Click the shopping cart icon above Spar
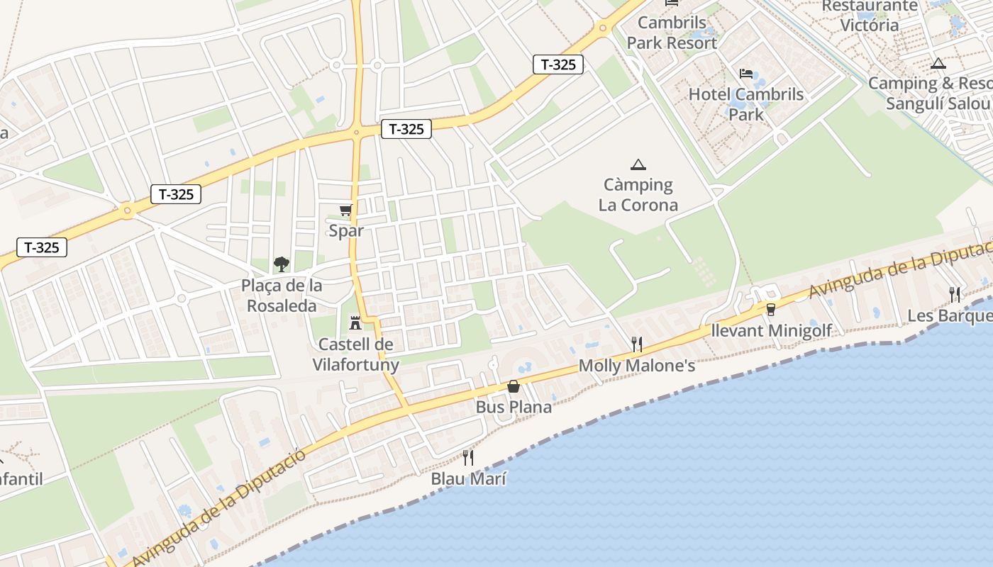click(346, 210)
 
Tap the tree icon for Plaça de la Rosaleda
click(282, 264)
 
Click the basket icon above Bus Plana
click(514, 386)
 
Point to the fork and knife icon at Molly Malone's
click(637, 344)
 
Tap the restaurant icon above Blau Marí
click(468, 457)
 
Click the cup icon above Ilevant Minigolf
click(771, 309)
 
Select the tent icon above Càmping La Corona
click(638, 164)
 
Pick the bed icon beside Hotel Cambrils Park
click(746, 74)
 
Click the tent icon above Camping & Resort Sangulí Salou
click(938, 63)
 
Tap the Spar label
click(346, 230)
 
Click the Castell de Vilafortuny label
click(356, 355)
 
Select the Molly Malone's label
click(637, 366)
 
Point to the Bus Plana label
click(514, 408)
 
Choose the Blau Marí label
click(469, 478)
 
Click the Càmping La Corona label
click(638, 195)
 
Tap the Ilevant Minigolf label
click(772, 330)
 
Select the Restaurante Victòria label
click(870, 16)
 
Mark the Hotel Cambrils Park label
click(746, 104)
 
